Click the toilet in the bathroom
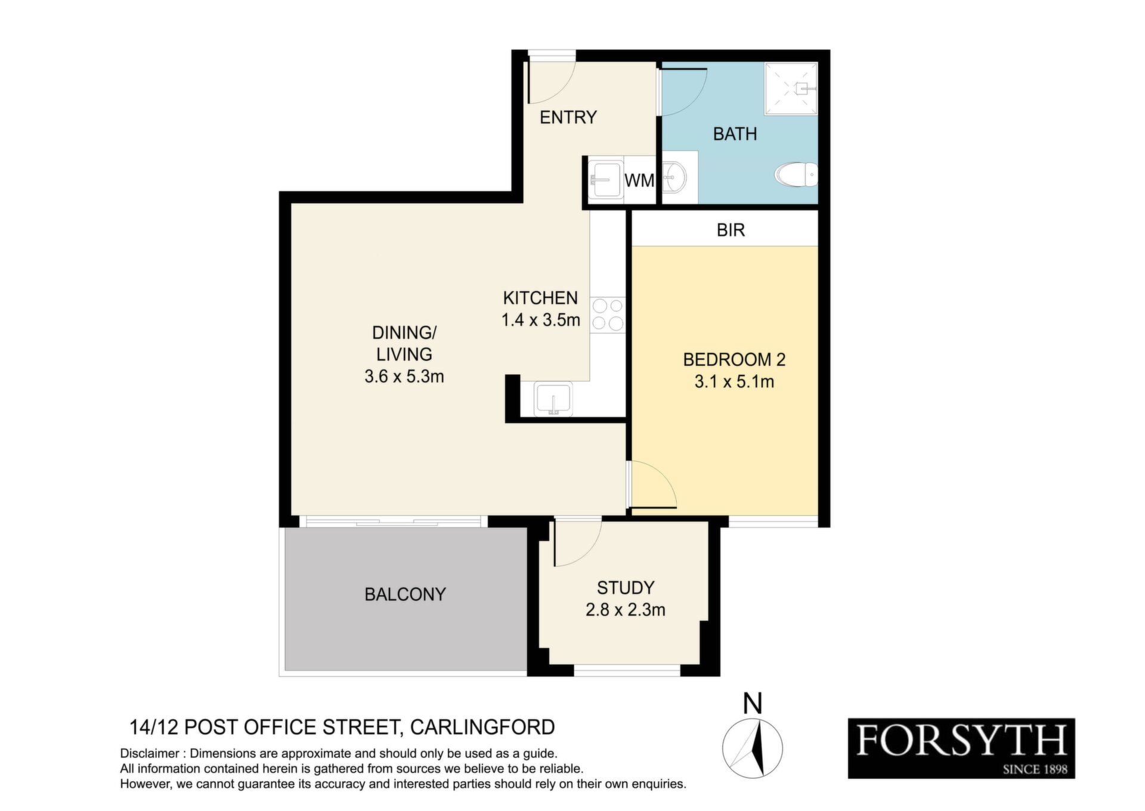796,175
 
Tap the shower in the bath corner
791,89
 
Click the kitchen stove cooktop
608,315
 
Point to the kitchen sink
553,399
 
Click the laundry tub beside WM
605,179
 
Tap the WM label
639,180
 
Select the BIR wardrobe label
731,230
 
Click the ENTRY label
568,117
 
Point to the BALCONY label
405,594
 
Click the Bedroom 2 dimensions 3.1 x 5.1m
734,382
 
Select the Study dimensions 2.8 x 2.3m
626,610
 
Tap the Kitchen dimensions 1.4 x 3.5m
541,320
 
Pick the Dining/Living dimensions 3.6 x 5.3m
404,377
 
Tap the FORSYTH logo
961,748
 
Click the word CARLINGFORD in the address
482,728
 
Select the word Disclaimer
150,754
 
